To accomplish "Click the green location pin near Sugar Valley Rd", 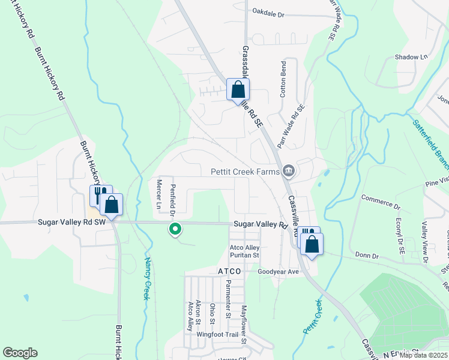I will tap(175, 228).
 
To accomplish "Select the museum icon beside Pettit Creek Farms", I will tap(289, 172).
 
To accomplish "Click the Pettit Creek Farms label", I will tap(246, 172).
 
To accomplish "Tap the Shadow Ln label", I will tap(411, 57).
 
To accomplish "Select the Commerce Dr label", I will tap(381, 201).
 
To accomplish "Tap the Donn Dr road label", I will tap(367, 256).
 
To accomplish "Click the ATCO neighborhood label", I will tap(229, 271).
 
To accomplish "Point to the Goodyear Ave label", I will tap(278, 271).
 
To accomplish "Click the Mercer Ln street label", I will tap(159, 193).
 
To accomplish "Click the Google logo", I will tap(20, 353).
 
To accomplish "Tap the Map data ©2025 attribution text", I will tap(423, 355).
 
